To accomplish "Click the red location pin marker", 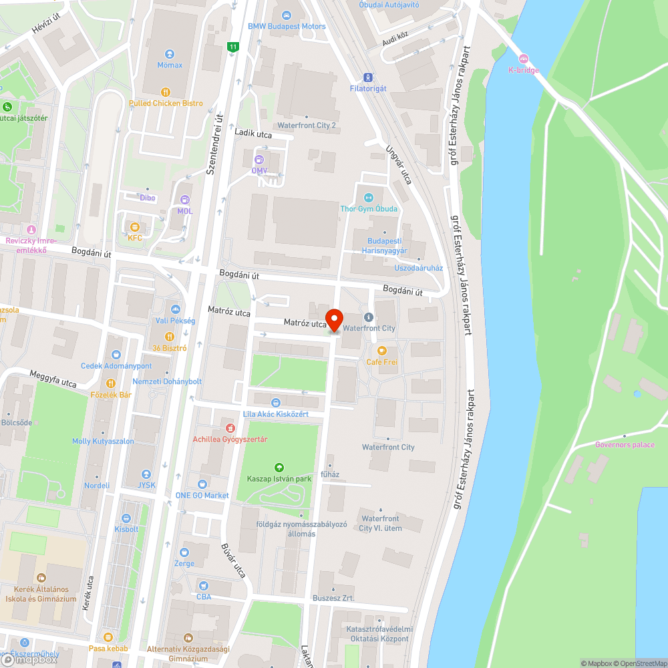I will pyautogui.click(x=333, y=319).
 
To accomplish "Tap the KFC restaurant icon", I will pyautogui.click(x=136, y=226).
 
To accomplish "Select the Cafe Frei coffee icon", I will pyautogui.click(x=382, y=350).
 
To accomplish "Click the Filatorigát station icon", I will pyautogui.click(x=368, y=77).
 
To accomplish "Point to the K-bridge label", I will pyautogui.click(x=523, y=69).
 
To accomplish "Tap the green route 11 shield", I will pyautogui.click(x=232, y=47).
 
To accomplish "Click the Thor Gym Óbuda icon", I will pyautogui.click(x=369, y=197).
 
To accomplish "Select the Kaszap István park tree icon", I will pyautogui.click(x=279, y=468).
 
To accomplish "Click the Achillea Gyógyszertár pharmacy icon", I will pyautogui.click(x=230, y=428).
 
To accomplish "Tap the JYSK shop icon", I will pyautogui.click(x=146, y=474).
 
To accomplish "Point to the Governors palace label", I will pyautogui.click(x=625, y=445).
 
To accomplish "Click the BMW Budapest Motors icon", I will pyautogui.click(x=287, y=15).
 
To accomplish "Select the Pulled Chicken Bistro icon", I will pyautogui.click(x=166, y=92).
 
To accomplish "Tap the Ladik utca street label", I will pyautogui.click(x=253, y=133).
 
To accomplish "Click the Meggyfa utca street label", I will pyautogui.click(x=53, y=379).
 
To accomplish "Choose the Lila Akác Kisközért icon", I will pyautogui.click(x=275, y=402).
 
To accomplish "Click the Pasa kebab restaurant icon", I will pyautogui.click(x=107, y=637).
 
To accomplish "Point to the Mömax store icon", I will pyautogui.click(x=170, y=54).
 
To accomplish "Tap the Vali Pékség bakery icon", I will pyautogui.click(x=176, y=309).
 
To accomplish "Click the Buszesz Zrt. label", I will pyautogui.click(x=333, y=598).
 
